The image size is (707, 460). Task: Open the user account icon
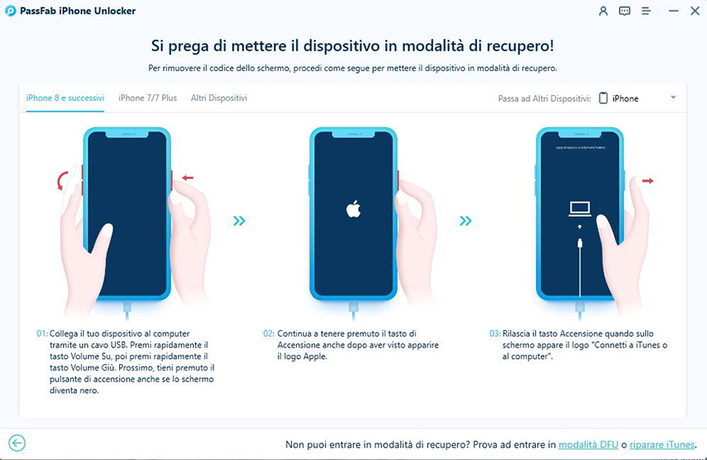point(603,12)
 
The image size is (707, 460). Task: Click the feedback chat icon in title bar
point(624,12)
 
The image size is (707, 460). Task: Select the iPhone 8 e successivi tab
point(65,98)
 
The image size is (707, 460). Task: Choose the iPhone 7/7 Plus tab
point(147,98)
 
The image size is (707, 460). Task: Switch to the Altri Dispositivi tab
point(219,98)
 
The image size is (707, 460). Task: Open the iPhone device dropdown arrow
point(673,98)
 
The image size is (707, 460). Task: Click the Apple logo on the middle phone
point(353,209)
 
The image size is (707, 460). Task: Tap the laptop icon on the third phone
point(580,209)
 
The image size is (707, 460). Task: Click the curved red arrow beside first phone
point(60,180)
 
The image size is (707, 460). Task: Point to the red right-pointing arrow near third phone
point(647,180)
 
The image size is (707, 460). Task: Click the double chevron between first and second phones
point(239,221)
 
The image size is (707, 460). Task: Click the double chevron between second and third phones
point(466,221)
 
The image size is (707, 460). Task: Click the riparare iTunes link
point(662,444)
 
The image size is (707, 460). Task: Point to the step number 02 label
point(269,333)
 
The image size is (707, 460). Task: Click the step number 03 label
point(494,333)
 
